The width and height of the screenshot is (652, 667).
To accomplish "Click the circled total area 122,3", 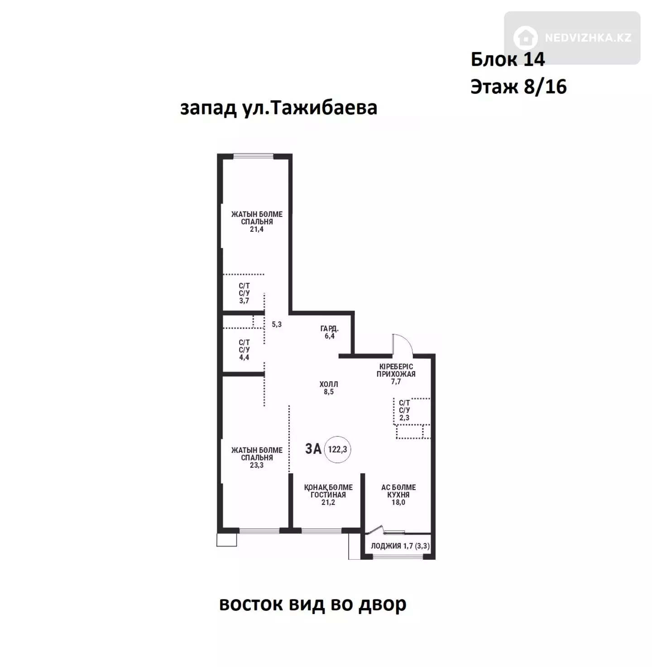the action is (337, 449).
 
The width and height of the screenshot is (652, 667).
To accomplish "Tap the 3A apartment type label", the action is (313, 449).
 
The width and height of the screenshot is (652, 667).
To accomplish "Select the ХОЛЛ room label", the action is (328, 384).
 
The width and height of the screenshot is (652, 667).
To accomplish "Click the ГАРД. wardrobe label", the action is (329, 329).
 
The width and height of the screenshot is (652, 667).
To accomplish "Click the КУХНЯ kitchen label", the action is (398, 494).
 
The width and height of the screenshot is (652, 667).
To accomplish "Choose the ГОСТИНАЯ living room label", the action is (328, 494).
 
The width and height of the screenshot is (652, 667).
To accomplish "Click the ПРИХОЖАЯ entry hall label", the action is (396, 374).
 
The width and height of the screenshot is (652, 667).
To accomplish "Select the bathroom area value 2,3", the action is (404, 418).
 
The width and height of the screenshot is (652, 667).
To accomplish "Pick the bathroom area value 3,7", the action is (244, 301).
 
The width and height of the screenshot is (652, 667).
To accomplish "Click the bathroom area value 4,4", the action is (244, 357).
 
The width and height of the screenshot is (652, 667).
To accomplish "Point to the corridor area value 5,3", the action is (276, 324).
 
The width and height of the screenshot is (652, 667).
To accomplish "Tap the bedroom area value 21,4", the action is (256, 229).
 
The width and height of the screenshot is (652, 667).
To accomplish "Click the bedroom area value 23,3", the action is (256, 465).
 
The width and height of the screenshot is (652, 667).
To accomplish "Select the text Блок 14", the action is (508, 59).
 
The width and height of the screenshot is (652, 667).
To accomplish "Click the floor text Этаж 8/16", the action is (518, 86).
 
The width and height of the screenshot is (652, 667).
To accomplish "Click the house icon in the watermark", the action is (525, 38).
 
